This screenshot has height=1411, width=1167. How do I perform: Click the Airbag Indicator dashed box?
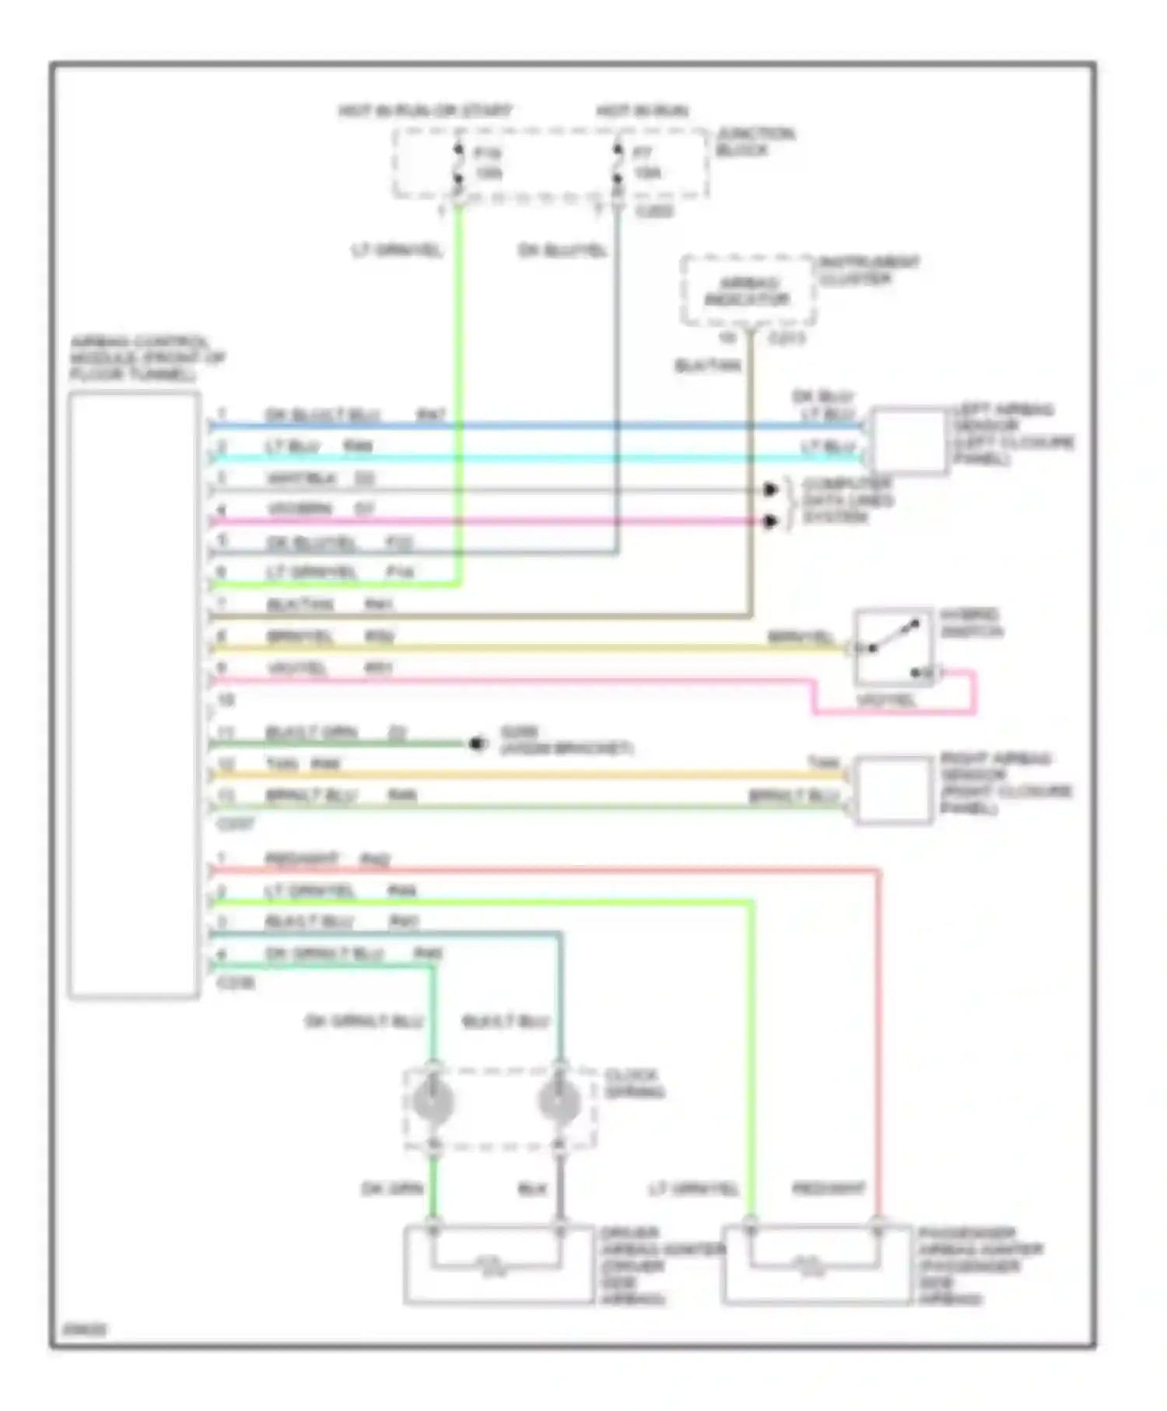(748, 291)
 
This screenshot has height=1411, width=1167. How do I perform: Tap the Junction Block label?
(755, 142)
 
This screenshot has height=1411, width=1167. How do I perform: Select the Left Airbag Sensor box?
(909, 439)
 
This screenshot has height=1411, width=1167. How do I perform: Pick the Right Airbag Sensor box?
(892, 790)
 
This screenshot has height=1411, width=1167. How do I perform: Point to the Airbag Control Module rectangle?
(134, 694)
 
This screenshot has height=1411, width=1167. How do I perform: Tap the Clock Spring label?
(634, 1084)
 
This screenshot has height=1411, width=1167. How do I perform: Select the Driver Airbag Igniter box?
(498, 1264)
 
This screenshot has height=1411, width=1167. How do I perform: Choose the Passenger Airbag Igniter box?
(817, 1264)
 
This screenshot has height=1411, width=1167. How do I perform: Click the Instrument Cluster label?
(868, 270)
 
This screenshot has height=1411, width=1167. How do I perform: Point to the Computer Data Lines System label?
(847, 500)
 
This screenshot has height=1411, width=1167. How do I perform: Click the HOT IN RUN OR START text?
(425, 110)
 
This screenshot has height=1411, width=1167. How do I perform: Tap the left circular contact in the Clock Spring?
(433, 1101)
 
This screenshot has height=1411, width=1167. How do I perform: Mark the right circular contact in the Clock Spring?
(559, 1101)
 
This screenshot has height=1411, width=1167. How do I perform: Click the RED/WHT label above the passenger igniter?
(828, 1189)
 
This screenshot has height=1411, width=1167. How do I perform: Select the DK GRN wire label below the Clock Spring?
(392, 1189)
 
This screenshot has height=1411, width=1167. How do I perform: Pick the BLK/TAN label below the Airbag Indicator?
(707, 365)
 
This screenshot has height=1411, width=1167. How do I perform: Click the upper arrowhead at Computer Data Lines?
(770, 489)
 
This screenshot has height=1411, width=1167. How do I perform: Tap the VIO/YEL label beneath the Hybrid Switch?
(886, 701)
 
